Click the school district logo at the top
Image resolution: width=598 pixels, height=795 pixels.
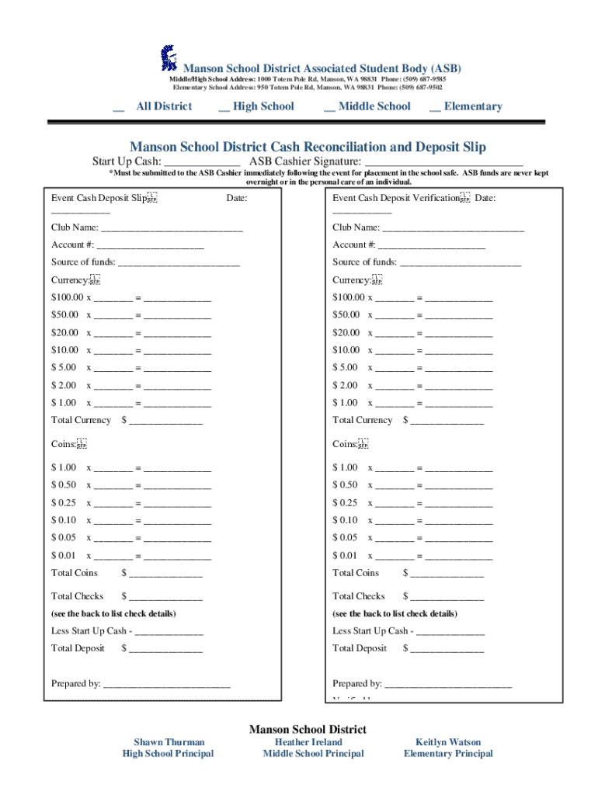coord(168,58)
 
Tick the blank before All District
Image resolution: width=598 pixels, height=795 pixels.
coord(119,108)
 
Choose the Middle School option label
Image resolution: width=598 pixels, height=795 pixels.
coord(374,106)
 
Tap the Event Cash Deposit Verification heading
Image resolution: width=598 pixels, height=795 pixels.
coord(396,199)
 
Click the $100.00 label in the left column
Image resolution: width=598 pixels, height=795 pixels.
coord(66,297)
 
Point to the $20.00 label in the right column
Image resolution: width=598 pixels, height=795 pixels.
coord(346,332)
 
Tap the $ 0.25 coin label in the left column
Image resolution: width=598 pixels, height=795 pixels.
coord(64,503)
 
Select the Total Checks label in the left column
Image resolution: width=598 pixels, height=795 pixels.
coord(77,596)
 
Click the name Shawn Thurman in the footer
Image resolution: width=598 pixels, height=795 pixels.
coord(168,742)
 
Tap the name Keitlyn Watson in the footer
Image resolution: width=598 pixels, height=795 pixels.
coord(448,742)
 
